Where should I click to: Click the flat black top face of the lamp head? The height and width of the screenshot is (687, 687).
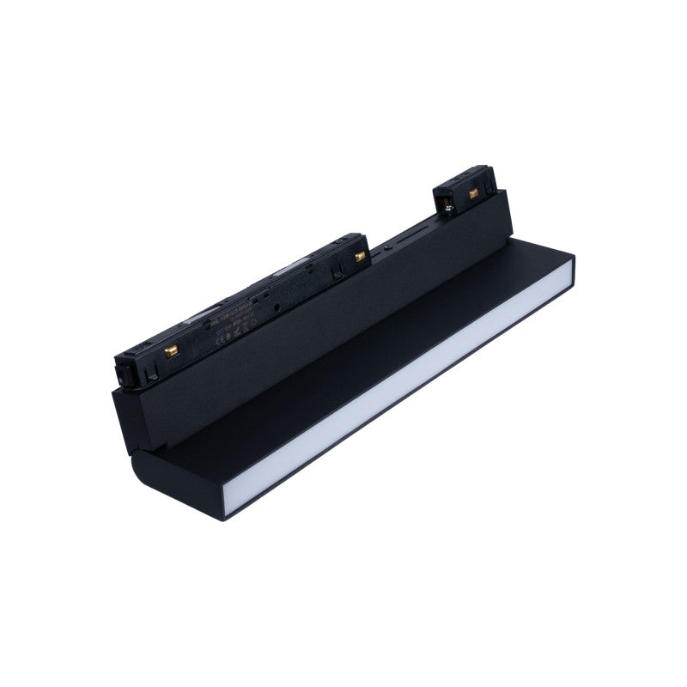pos(343,378)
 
